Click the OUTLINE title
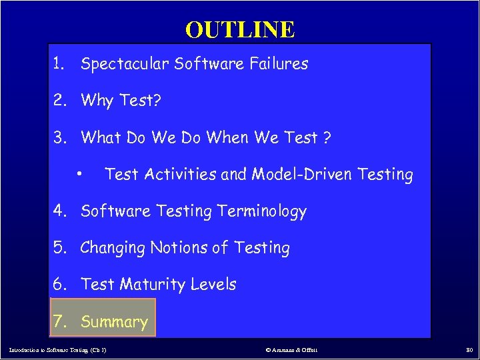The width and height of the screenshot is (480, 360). (x=240, y=29)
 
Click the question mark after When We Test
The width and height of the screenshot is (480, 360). (x=327, y=138)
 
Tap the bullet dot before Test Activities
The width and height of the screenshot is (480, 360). (x=79, y=174)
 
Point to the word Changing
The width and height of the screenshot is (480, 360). (x=113, y=249)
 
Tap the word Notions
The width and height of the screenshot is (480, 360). (x=178, y=248)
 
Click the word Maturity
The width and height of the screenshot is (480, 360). (x=152, y=285)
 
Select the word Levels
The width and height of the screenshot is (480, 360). (x=213, y=285)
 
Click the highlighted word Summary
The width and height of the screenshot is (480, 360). (x=114, y=322)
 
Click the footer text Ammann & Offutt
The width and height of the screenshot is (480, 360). (x=294, y=349)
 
